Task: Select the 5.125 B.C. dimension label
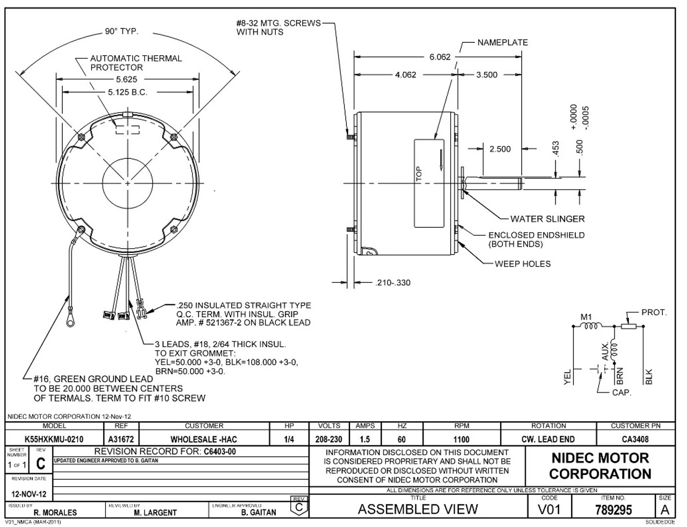coord(128,92)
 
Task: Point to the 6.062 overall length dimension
coord(440,57)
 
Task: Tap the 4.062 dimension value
coord(406,75)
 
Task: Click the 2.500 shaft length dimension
coord(500,149)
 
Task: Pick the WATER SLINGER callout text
coord(547,219)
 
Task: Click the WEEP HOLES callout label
coord(522,264)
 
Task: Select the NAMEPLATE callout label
coord(502,43)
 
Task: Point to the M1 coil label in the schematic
coord(586,317)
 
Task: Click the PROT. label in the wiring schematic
coord(654,313)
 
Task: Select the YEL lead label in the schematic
coord(568,378)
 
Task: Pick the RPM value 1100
coord(462,439)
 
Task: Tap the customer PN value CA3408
coord(635,439)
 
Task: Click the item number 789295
coord(614,509)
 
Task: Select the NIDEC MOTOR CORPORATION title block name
coord(600,466)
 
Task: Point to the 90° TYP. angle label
coord(121,32)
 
